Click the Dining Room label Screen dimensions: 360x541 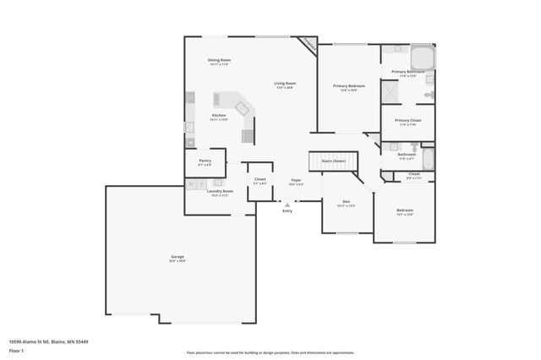pos(220,60)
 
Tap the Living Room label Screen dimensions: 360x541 pos(285,83)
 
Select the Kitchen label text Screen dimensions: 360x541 pos(219,115)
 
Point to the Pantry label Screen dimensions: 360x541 pos(205,160)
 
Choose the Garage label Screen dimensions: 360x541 pos(178,256)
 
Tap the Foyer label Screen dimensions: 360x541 pos(296,180)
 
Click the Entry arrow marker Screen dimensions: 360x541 pos(287,204)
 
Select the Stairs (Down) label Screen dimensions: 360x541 pos(333,161)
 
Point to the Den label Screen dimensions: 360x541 pos(346,201)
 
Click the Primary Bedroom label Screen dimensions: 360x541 pos(348,86)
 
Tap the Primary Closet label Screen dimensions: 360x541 pos(408,120)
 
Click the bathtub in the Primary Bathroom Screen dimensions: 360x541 pos(422,58)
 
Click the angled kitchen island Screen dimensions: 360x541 pos(243,108)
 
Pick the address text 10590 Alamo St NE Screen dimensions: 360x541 pos(49,341)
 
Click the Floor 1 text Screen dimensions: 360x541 pos(16,350)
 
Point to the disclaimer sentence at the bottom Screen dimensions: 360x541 pos(270,352)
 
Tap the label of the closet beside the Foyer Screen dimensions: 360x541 pos(260,180)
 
